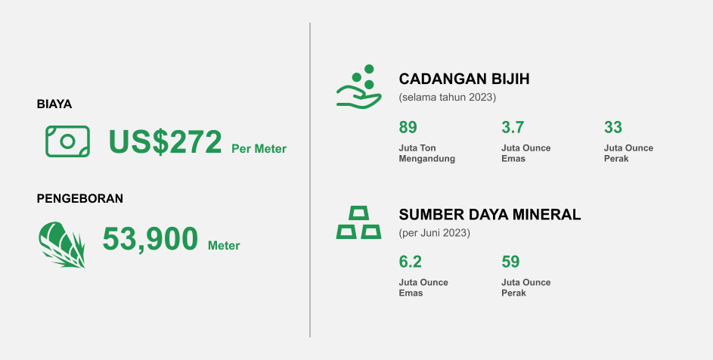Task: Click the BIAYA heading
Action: [54, 104]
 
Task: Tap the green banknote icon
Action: [67, 141]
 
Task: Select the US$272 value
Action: [166, 142]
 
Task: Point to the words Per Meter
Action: [259, 149]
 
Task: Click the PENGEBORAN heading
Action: [80, 199]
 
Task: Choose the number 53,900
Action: [150, 240]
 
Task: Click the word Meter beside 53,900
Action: [224, 246]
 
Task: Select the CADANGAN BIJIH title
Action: [463, 79]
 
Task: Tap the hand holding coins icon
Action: [358, 86]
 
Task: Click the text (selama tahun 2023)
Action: [448, 98]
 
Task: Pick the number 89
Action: [408, 127]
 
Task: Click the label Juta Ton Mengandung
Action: [426, 153]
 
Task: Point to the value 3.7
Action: [513, 127]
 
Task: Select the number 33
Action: [612, 127]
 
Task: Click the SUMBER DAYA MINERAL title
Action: [489, 215]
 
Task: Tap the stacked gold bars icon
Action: [358, 222]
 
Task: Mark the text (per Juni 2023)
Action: [435, 233]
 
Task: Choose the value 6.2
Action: [410, 262]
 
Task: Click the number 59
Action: [510, 262]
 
